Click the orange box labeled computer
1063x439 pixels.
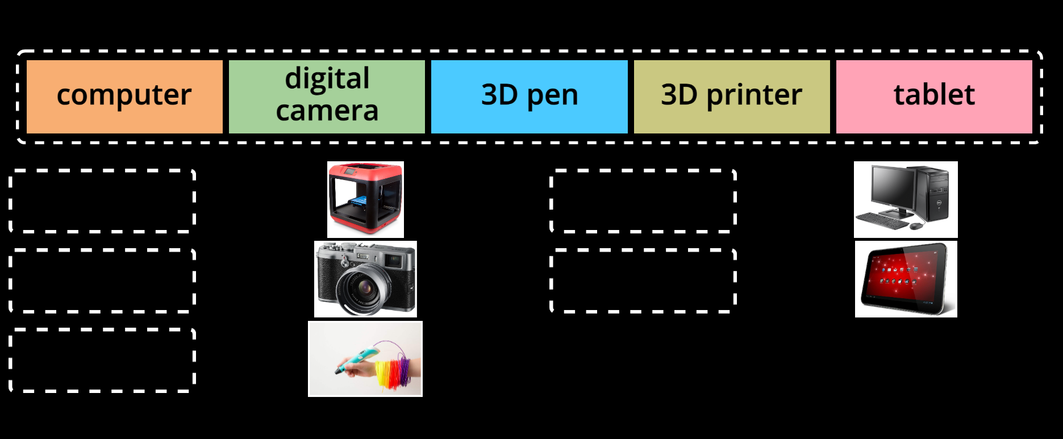pyautogui.click(x=124, y=97)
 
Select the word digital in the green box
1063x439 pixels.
pyautogui.click(x=327, y=79)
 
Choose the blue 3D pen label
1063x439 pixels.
pyautogui.click(x=529, y=97)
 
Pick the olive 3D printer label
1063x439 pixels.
pyautogui.click(x=732, y=97)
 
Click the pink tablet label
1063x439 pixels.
pyautogui.click(x=934, y=97)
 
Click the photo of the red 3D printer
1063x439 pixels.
pyautogui.click(x=365, y=199)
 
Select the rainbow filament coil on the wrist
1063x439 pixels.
pyautogui.click(x=392, y=372)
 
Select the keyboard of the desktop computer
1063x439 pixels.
pyautogui.click(x=882, y=220)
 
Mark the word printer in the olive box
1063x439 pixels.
pyautogui.click(x=754, y=95)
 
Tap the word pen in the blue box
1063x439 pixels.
pyautogui.click(x=552, y=97)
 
